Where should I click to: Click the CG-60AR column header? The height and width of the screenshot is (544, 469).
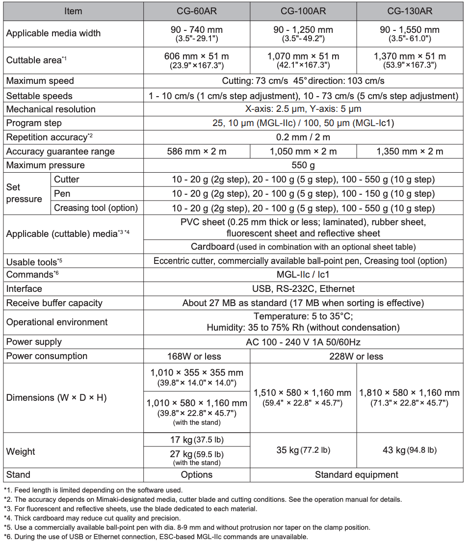tap(197, 11)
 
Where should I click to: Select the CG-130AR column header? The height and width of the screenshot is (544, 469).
tap(410, 11)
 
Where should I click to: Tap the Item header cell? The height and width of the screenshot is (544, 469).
tap(73, 11)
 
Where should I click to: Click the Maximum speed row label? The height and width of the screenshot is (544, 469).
tap(40, 81)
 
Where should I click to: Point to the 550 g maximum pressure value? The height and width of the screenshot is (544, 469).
tap(303, 165)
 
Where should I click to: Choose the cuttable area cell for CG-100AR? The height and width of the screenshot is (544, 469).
tap(303, 60)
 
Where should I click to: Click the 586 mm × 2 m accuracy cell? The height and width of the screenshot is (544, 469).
tap(197, 152)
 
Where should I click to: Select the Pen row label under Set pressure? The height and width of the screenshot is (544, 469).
tap(62, 194)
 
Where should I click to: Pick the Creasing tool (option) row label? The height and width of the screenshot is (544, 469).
tap(96, 208)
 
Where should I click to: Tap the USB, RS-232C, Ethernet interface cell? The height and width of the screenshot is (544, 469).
tap(303, 289)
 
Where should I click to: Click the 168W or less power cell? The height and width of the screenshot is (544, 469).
tap(197, 357)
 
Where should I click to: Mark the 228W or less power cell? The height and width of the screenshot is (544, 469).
tap(356, 357)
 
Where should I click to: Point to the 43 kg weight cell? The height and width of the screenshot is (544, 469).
tap(410, 450)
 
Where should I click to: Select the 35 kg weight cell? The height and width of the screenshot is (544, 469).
tap(303, 450)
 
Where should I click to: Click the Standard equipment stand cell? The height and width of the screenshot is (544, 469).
tap(356, 475)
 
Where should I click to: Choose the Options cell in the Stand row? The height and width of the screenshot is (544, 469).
tap(197, 475)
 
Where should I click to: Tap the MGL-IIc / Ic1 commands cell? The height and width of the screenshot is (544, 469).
tap(303, 275)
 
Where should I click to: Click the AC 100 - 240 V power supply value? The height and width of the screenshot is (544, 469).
tap(303, 342)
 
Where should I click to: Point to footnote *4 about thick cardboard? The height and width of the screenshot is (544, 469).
tap(92, 518)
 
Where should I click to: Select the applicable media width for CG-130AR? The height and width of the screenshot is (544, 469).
tap(410, 33)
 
